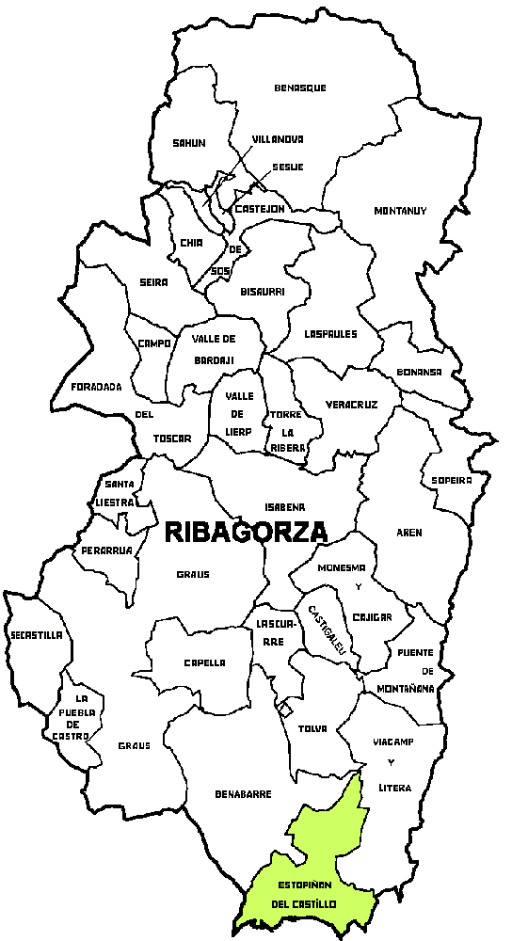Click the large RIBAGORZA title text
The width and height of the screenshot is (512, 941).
tap(246, 532)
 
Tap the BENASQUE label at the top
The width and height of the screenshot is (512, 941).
tap(300, 88)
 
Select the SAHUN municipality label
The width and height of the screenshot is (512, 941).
tap(188, 143)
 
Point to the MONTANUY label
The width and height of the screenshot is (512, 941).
tap(400, 210)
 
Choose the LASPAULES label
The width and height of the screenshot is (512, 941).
tap(330, 333)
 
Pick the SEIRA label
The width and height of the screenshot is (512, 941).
tap(152, 282)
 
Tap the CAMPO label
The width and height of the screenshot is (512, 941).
tap(153, 343)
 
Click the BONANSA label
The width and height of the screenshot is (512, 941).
tap(419, 372)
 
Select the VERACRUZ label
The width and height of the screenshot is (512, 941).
tap(351, 405)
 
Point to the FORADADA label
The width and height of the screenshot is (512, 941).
tap(97, 386)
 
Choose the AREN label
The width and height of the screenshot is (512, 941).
tap(408, 533)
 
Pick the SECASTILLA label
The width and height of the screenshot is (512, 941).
tap(36, 635)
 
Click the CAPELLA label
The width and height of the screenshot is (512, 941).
tap(204, 662)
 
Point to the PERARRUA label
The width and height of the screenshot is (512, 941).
tap(105, 550)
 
